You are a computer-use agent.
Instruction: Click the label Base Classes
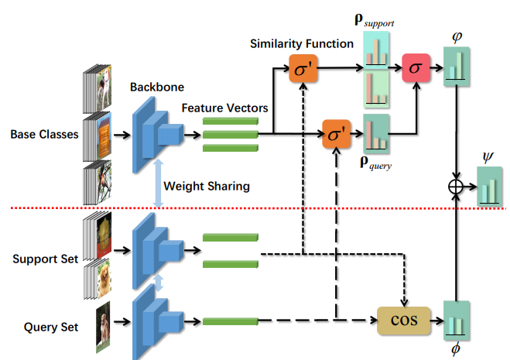pyautogui.click(x=44, y=134)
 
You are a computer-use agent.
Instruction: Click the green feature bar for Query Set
pyautogui.click(x=230, y=321)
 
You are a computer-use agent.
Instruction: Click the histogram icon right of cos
pyautogui.click(x=457, y=319)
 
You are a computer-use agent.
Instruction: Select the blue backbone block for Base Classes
pyautogui.click(x=156, y=135)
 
